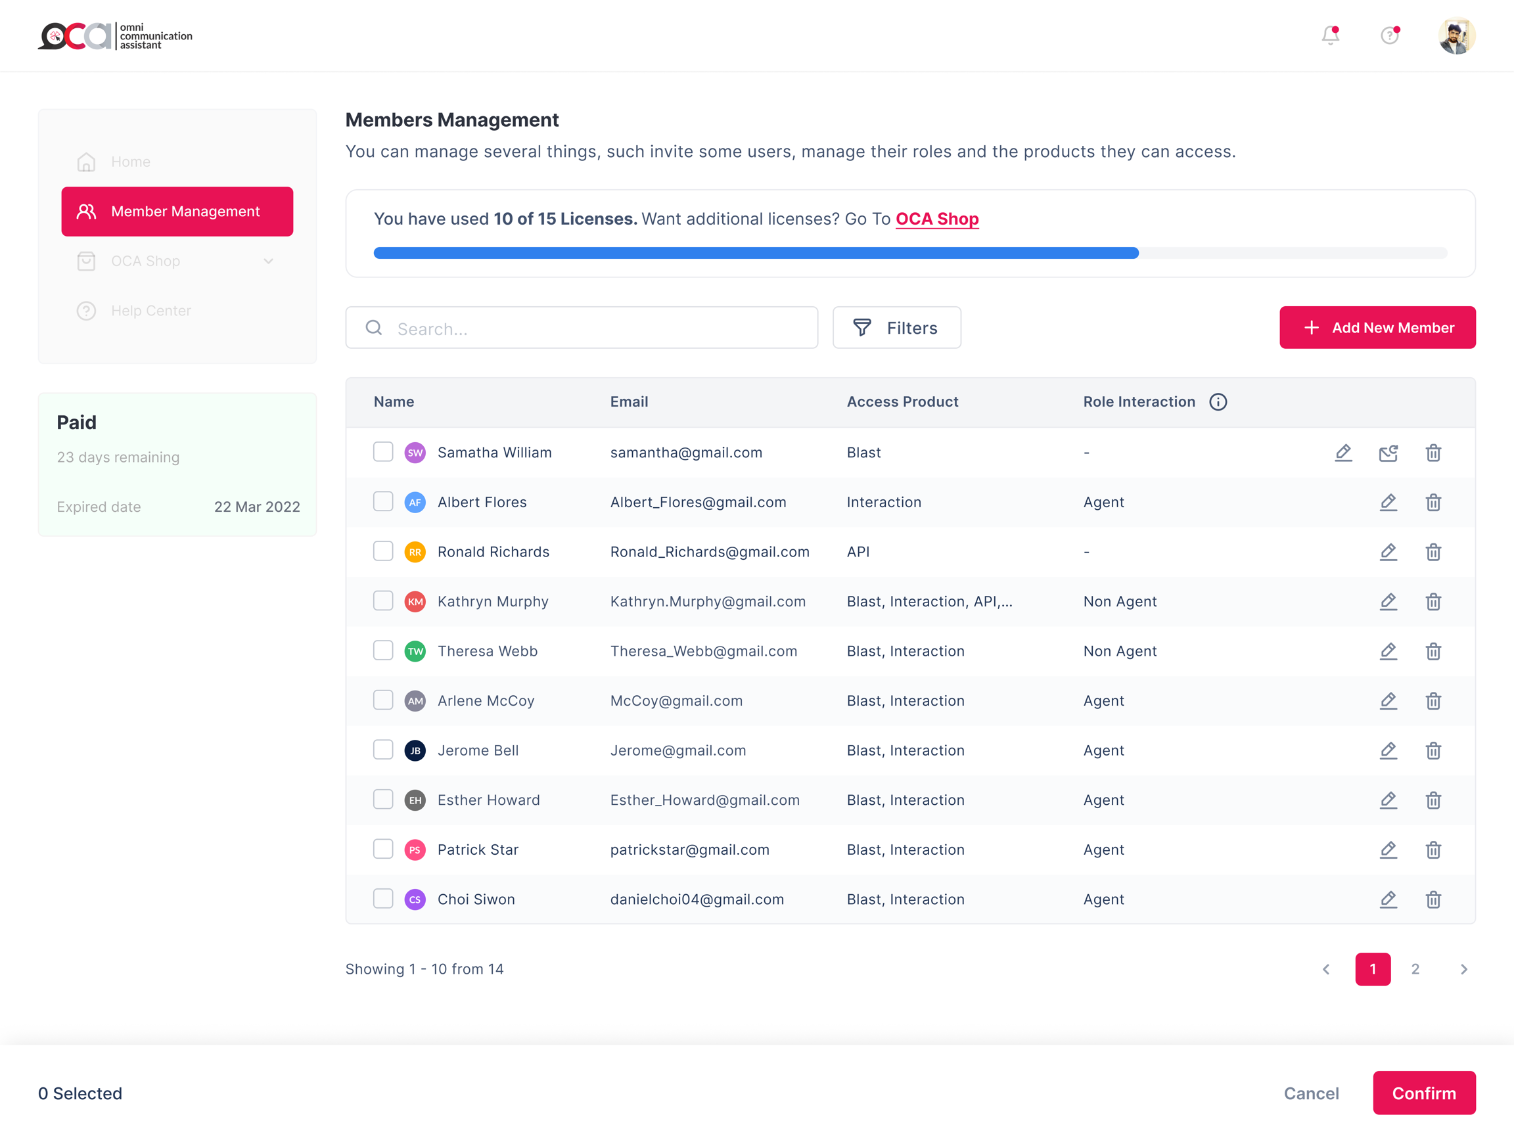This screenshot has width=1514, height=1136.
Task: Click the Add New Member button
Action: tap(1377, 328)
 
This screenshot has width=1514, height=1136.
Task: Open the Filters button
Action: tap(896, 328)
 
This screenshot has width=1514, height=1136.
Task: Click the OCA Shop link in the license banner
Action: tap(936, 219)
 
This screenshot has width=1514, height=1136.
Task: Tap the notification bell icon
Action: tap(1330, 35)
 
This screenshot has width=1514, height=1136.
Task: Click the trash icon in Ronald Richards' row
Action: tap(1433, 552)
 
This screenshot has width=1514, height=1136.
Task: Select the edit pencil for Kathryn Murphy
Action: tap(1387, 602)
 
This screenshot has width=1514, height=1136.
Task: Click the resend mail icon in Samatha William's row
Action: tap(1387, 453)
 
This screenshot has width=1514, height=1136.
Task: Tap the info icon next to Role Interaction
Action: tap(1218, 401)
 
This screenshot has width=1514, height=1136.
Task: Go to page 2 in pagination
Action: tap(1415, 969)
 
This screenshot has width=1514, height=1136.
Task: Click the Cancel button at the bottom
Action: tap(1311, 1093)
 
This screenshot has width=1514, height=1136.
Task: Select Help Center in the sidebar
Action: tap(150, 311)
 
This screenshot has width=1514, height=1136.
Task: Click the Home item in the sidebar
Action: tap(130, 162)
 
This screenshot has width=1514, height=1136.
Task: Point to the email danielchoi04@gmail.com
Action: tap(697, 899)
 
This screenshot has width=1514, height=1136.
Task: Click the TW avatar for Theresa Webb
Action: tap(415, 651)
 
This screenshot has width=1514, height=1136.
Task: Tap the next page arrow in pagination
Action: tap(1463, 969)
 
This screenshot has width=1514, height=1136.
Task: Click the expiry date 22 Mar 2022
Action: tap(257, 507)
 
